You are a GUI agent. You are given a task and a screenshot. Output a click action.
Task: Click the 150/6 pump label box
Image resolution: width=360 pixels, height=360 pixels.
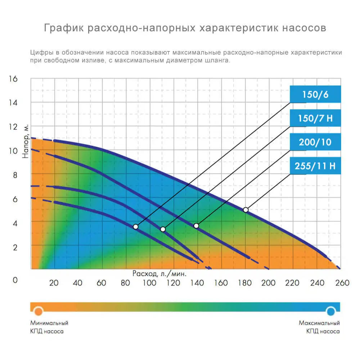(x=315, y=95)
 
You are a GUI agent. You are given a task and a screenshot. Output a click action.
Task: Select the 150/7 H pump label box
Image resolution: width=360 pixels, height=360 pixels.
(x=315, y=118)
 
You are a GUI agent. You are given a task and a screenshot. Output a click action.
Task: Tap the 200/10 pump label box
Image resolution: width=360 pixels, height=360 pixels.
(x=315, y=142)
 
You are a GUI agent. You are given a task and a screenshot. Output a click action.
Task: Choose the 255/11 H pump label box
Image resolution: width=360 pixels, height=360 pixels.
(x=315, y=166)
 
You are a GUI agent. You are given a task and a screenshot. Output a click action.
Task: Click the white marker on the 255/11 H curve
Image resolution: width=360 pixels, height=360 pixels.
(x=246, y=210)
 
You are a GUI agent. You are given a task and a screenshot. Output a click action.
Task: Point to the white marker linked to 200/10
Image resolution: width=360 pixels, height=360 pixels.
(x=196, y=226)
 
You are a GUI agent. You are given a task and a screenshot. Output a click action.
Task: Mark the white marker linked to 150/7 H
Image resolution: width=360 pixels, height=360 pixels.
(x=163, y=229)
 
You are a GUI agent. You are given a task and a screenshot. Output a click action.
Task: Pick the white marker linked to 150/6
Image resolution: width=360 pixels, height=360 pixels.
(x=136, y=226)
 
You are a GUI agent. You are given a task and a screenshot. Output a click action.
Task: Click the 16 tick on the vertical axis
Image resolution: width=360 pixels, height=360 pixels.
(x=13, y=79)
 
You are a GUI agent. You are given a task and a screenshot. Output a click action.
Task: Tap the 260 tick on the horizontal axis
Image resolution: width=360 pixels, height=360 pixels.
(x=342, y=283)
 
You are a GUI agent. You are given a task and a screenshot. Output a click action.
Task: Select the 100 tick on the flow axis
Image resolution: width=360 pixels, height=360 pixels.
(x=149, y=283)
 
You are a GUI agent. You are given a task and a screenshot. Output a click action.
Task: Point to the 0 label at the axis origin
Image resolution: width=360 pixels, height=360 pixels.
(x=15, y=280)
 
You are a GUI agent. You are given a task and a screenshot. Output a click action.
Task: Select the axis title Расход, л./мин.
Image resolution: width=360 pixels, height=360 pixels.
(x=159, y=274)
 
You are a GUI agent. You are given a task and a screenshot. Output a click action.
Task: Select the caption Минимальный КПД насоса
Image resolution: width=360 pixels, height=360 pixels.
(x=49, y=327)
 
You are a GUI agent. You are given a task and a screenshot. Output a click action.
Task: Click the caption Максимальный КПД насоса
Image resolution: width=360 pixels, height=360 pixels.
(x=319, y=327)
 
